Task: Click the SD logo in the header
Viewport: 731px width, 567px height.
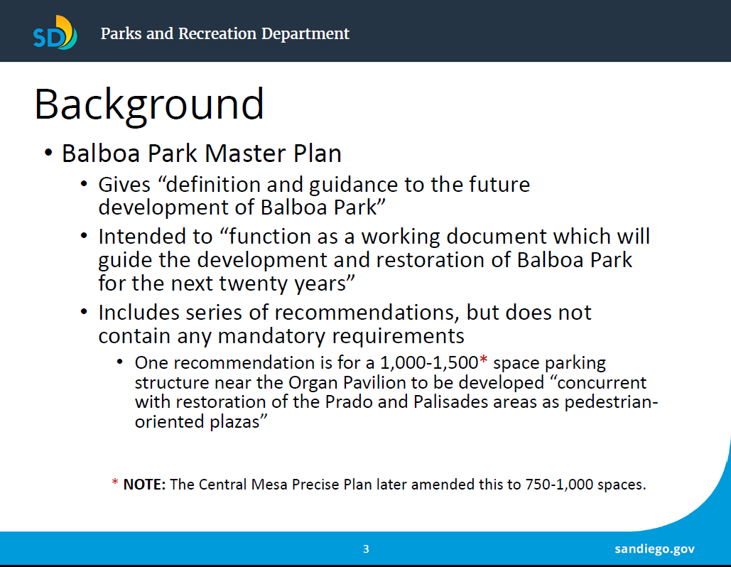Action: pyautogui.click(x=55, y=33)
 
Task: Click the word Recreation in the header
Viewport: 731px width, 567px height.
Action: pyautogui.click(x=217, y=33)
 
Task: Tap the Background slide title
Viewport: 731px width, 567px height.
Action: pyautogui.click(x=149, y=105)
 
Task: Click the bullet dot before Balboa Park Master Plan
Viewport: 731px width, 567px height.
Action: pyautogui.click(x=48, y=153)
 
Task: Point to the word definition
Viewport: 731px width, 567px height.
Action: pyautogui.click(x=213, y=184)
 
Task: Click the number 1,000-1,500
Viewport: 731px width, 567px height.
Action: pyautogui.click(x=429, y=363)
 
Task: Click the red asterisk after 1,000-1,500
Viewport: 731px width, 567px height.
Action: pyautogui.click(x=484, y=360)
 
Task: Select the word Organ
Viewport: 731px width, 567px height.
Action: pyautogui.click(x=314, y=383)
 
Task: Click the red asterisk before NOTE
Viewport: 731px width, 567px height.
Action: pyautogui.click(x=114, y=482)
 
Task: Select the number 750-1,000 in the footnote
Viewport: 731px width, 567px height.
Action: pyautogui.click(x=559, y=485)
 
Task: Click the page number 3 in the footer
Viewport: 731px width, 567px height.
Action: pyautogui.click(x=366, y=549)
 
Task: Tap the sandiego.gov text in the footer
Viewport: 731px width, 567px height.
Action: pyautogui.click(x=654, y=549)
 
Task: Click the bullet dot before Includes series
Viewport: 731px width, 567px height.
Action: pyautogui.click(x=84, y=311)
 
